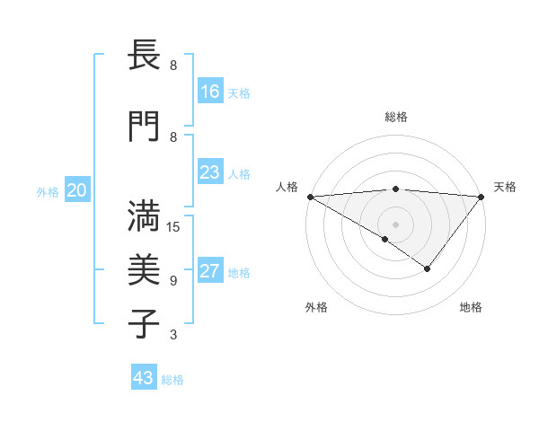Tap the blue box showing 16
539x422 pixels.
point(210,92)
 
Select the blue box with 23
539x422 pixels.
point(210,172)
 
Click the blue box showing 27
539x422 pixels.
point(210,271)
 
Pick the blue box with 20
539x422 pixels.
point(76,190)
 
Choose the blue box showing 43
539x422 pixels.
point(143,378)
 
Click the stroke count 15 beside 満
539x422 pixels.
point(174,227)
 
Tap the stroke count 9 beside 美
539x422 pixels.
point(173,281)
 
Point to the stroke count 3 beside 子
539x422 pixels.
point(173,335)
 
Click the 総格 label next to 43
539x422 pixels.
point(172,379)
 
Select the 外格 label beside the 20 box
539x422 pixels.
point(48,191)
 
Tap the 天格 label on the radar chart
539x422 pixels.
point(506,187)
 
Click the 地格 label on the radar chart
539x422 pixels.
point(471,308)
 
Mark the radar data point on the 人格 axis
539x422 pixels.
point(310,196)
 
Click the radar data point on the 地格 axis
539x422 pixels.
point(428,268)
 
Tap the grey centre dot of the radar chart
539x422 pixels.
point(395,224)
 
